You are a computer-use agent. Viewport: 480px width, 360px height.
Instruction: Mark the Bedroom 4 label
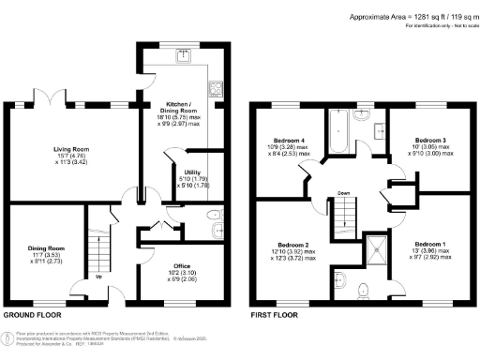[289, 139]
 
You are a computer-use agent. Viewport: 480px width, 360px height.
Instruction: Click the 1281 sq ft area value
[424, 17]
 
